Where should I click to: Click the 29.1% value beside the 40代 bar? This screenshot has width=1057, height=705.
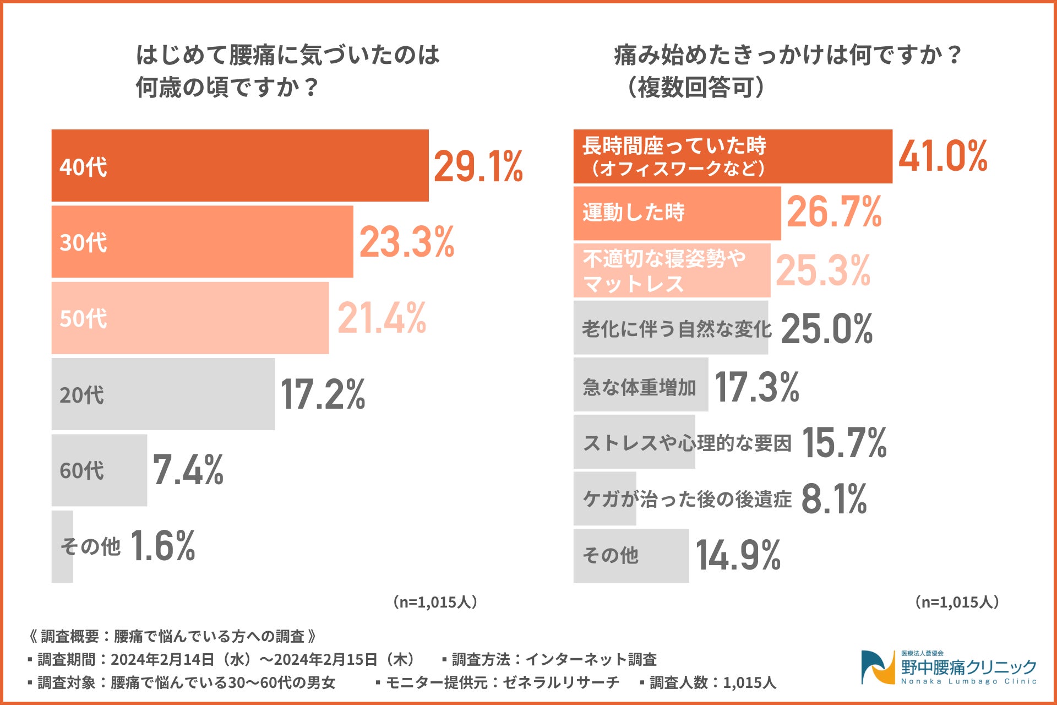(478, 166)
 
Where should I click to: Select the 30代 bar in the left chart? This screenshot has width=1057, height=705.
(202, 242)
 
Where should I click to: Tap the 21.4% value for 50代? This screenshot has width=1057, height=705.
(382, 318)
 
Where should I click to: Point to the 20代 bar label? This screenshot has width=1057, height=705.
(81, 395)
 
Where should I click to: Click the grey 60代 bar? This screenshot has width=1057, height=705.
(99, 470)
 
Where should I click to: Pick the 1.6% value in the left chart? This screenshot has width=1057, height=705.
(163, 546)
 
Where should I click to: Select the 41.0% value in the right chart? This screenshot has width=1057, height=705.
(942, 156)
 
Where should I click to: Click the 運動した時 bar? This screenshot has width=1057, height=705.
(677, 213)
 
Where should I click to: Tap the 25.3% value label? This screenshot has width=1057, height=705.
(823, 270)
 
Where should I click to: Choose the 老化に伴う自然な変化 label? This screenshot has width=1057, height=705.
(677, 329)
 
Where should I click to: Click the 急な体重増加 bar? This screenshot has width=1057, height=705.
(640, 385)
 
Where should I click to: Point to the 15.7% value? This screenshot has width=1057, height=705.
(844, 442)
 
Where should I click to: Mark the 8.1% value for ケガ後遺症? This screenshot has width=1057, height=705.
(834, 498)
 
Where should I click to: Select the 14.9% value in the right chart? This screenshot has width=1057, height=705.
(738, 555)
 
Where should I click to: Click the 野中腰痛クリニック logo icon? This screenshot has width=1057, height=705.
(878, 667)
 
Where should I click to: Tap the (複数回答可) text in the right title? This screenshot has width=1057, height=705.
(696, 87)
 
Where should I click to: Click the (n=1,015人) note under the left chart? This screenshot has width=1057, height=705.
(435, 602)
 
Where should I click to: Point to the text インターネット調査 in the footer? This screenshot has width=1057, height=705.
(591, 659)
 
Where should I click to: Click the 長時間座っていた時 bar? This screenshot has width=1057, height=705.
(732, 156)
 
